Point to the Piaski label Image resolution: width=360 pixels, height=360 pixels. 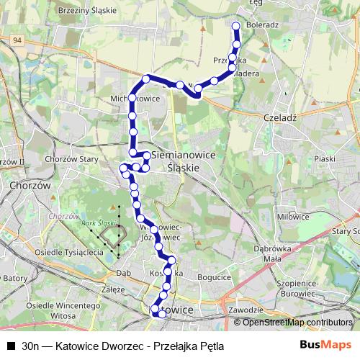(325, 158)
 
